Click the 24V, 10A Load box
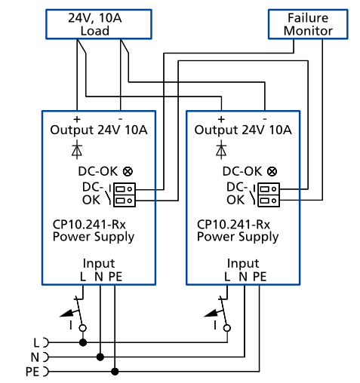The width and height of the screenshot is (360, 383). (99, 24)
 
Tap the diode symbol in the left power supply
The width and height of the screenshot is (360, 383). (75, 149)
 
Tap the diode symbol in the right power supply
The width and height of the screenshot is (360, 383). (220, 149)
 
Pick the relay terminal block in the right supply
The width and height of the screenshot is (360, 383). (269, 194)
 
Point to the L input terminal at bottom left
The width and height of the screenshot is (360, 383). (44, 341)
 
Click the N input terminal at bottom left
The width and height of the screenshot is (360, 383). (44, 356)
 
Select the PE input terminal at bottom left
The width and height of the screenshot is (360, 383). (44, 371)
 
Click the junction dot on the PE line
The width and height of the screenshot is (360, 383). (115, 371)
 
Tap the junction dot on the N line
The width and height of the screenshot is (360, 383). (99, 356)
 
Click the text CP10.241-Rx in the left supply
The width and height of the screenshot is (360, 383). (84, 224)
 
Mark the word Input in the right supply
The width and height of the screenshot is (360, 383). (242, 264)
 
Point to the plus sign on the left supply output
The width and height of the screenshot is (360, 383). (76, 119)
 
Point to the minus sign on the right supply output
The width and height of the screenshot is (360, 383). (266, 119)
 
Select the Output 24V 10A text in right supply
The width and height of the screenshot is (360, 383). (242, 130)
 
